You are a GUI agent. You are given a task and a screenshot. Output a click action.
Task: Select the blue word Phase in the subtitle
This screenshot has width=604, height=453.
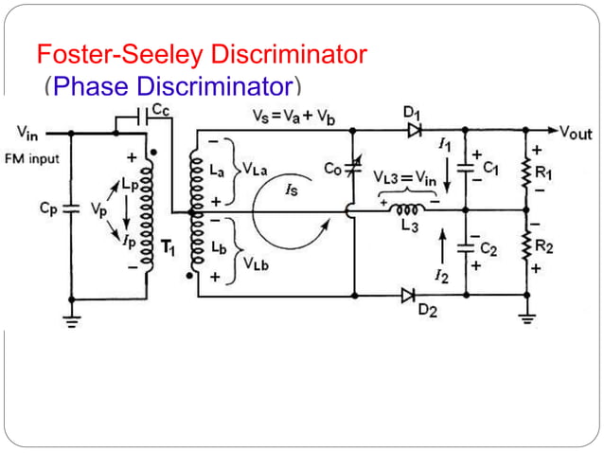point(93,88)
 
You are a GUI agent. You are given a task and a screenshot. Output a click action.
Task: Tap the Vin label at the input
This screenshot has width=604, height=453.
point(27,132)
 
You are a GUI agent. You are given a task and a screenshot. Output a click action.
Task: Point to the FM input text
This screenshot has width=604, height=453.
point(32,158)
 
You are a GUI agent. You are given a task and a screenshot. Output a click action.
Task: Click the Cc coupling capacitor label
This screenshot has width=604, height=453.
point(162,110)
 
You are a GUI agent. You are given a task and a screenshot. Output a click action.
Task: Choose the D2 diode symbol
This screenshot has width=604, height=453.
point(408,296)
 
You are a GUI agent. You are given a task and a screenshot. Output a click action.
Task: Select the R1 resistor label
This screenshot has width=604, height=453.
point(543,173)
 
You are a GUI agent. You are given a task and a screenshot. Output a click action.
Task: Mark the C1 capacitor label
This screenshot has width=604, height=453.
point(489,168)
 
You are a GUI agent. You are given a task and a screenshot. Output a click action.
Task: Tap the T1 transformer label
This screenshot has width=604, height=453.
point(169,248)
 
